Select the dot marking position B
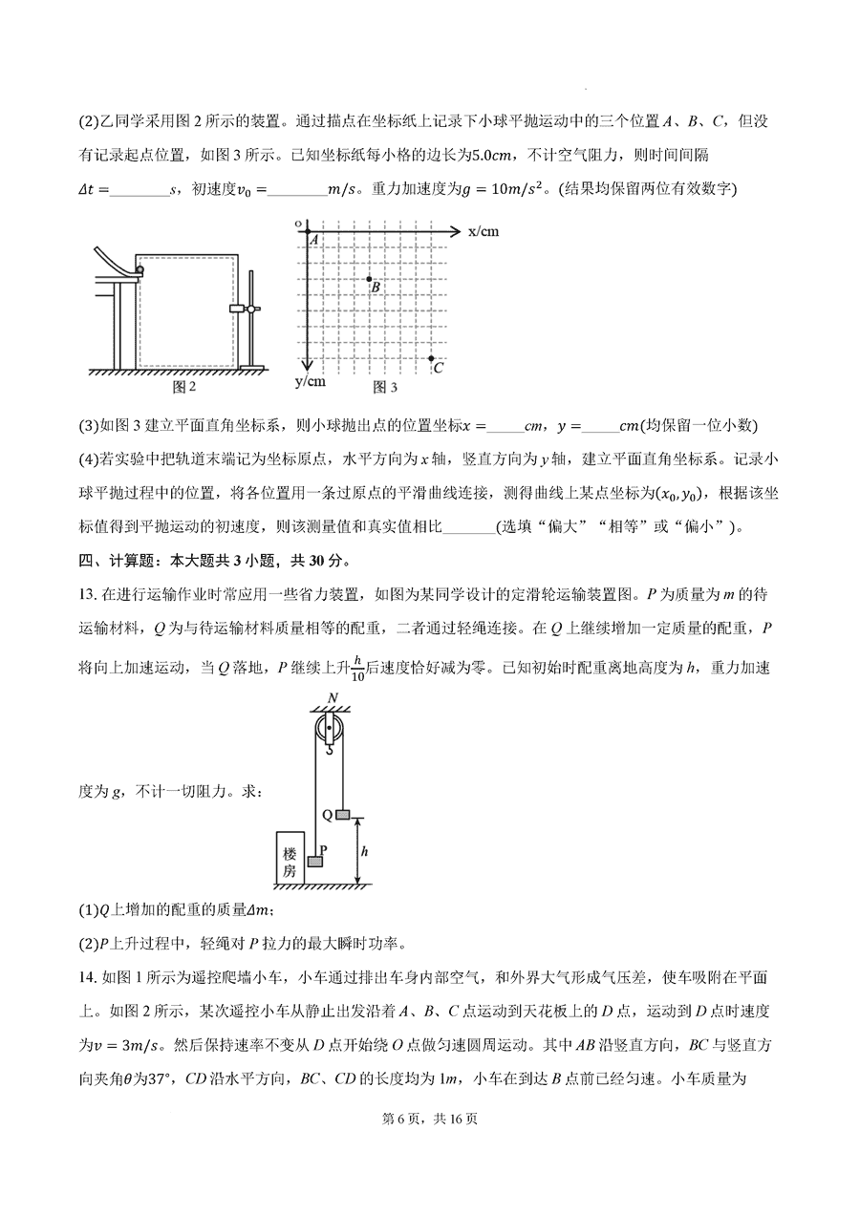[x=370, y=279]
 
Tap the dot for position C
[x=431, y=358]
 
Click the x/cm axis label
[x=484, y=231]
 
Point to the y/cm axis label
[x=311, y=381]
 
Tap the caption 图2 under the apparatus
[x=183, y=387]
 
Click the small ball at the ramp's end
[x=140, y=270]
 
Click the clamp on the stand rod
[x=243, y=309]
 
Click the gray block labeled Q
[x=343, y=815]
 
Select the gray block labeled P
[x=315, y=861]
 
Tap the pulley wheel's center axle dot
[x=330, y=731]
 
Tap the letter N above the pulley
[x=331, y=697]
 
